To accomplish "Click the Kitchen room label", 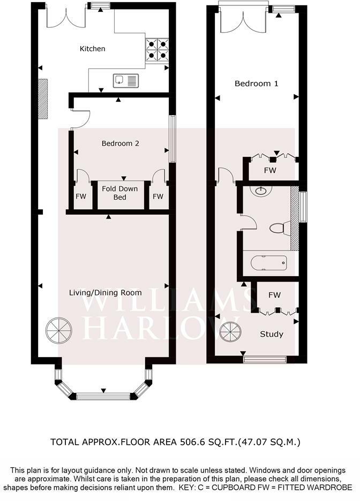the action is [x=92, y=49].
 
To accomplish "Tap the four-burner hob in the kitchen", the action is [x=157, y=50].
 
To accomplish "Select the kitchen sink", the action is [x=126, y=80].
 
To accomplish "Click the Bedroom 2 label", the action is [x=120, y=143].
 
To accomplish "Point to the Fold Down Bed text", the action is [x=120, y=193].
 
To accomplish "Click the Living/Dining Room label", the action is [x=106, y=293].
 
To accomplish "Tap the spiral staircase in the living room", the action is [x=59, y=330].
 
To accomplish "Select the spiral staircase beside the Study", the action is [x=230, y=332].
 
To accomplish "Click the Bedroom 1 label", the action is [x=257, y=83].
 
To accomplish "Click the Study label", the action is [x=272, y=334].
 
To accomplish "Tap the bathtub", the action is [x=268, y=263].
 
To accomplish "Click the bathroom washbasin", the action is [x=261, y=191].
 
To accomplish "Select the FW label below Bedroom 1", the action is [x=270, y=170].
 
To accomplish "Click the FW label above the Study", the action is [x=275, y=295].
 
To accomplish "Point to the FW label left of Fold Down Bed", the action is [x=81, y=196].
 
